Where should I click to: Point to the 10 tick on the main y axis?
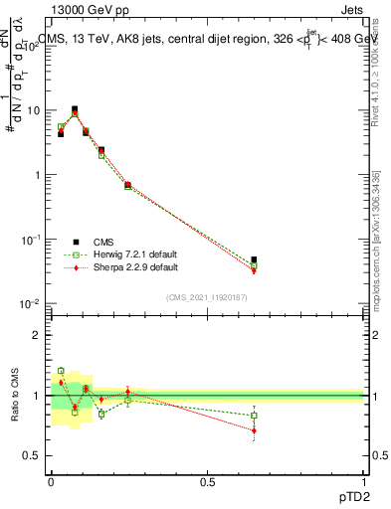(36, 110)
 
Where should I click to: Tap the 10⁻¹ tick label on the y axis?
(33, 239)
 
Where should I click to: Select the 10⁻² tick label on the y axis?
(33, 303)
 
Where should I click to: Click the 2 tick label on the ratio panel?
(40, 335)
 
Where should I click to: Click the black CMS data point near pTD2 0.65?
(254, 259)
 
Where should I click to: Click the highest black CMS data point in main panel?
(75, 109)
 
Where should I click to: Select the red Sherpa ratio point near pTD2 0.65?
(254, 430)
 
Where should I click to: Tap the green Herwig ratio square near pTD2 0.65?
(254, 416)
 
